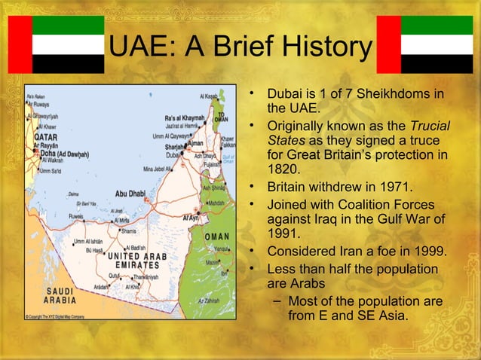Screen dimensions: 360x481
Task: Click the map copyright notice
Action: (x=55, y=316)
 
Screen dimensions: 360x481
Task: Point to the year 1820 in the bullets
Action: (x=284, y=169)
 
